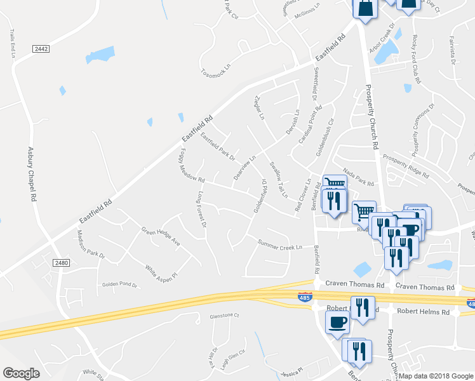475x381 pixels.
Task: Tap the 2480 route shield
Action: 61,263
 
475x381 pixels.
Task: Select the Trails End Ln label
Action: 12,44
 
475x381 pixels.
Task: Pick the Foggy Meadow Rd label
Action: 192,164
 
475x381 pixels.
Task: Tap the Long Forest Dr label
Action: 203,210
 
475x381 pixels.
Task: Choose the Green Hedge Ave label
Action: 161,236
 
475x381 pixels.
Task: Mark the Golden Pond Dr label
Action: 119,284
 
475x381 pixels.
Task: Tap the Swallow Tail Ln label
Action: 279,179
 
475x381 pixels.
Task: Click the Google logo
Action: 22,373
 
